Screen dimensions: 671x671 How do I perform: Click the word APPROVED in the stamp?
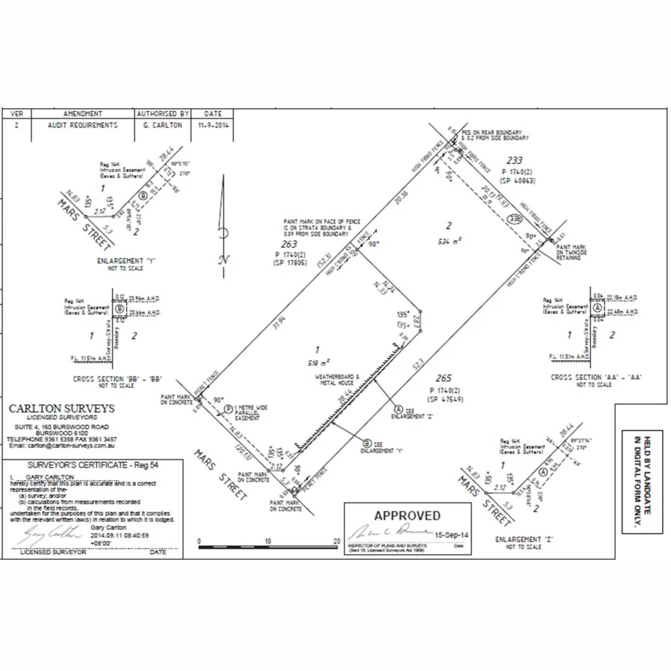[407, 515]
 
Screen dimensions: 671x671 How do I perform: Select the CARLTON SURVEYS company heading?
[61, 409]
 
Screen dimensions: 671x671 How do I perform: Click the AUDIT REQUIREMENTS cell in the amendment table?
[82, 125]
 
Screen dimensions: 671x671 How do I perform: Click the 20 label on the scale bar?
[337, 541]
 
